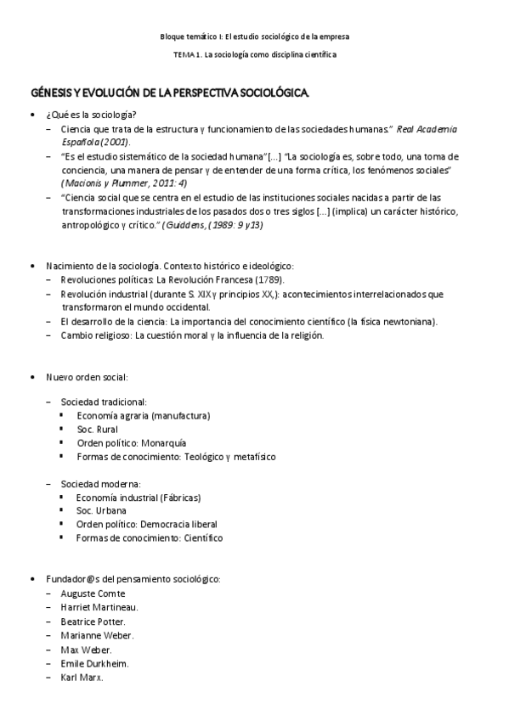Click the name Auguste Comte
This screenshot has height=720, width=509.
93,593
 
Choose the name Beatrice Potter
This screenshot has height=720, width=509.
94,622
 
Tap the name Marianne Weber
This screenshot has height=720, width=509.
97,635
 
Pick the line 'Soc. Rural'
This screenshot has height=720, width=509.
98,429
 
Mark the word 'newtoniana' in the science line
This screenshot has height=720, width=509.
407,321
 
